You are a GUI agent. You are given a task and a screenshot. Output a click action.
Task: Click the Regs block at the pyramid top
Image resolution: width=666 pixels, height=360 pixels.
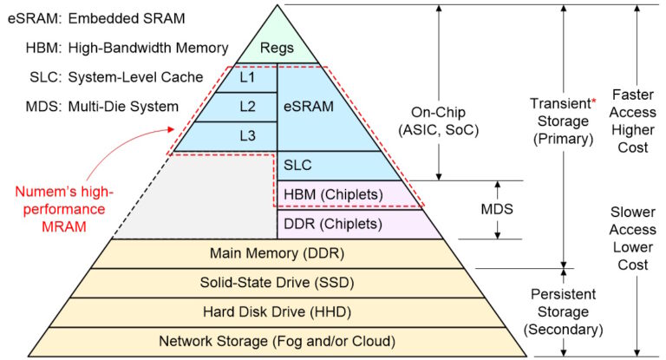pos(277,49)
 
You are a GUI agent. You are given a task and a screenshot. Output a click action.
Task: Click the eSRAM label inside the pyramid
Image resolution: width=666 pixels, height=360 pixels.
pos(309,107)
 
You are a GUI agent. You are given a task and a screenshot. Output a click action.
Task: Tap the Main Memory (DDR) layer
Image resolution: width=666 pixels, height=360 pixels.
pos(277,253)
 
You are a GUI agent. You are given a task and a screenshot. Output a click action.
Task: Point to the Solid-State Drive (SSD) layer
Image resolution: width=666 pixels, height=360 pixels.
pos(277,282)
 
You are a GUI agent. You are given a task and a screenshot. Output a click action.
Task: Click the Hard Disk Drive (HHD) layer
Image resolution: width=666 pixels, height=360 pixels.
pos(277,311)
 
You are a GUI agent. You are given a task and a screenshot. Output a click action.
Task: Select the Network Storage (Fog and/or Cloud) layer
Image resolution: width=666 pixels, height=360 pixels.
pos(277,341)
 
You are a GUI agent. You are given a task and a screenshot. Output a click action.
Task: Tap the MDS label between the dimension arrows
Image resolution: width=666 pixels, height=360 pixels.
pos(498,210)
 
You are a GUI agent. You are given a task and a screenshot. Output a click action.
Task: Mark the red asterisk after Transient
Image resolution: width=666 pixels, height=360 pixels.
pos(594,103)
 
